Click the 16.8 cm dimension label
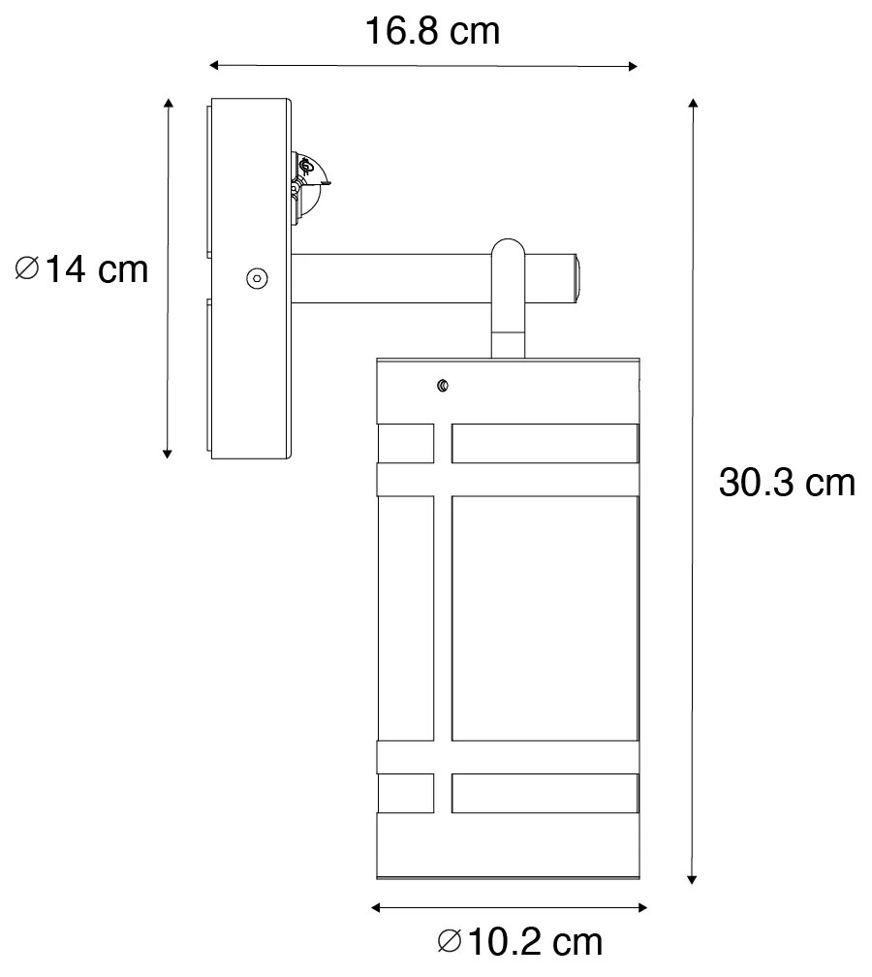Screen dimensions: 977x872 [432, 31]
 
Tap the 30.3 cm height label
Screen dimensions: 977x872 [787, 482]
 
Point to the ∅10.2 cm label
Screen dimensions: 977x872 [519, 940]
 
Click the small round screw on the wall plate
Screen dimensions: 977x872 [256, 278]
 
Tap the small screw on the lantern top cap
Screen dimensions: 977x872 [444, 386]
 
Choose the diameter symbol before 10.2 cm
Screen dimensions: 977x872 [450, 940]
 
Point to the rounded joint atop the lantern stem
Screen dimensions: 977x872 [508, 254]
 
